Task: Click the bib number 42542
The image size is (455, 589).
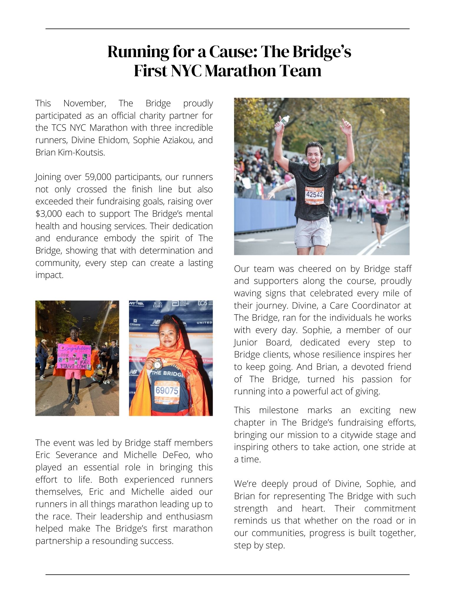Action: (314, 195)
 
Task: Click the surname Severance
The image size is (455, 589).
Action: (76, 455)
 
